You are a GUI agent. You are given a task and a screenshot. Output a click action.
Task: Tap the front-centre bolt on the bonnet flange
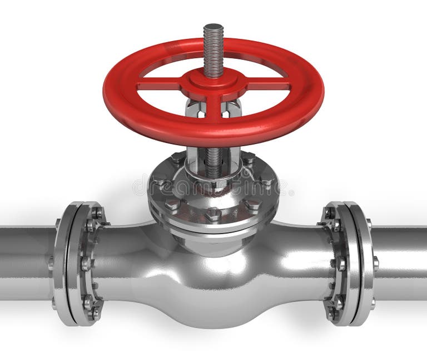point(213,214)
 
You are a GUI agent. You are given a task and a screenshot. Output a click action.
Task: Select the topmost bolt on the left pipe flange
point(97,213)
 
